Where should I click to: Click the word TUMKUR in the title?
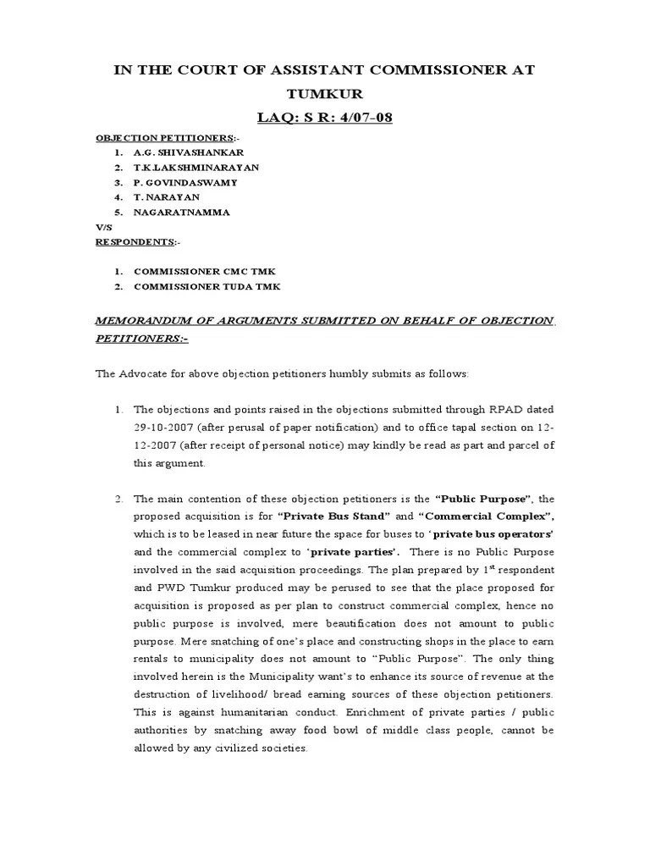325,94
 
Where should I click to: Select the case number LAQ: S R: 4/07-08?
325,117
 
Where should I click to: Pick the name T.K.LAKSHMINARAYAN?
196,168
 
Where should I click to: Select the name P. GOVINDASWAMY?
185,182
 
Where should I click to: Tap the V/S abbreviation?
102,227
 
